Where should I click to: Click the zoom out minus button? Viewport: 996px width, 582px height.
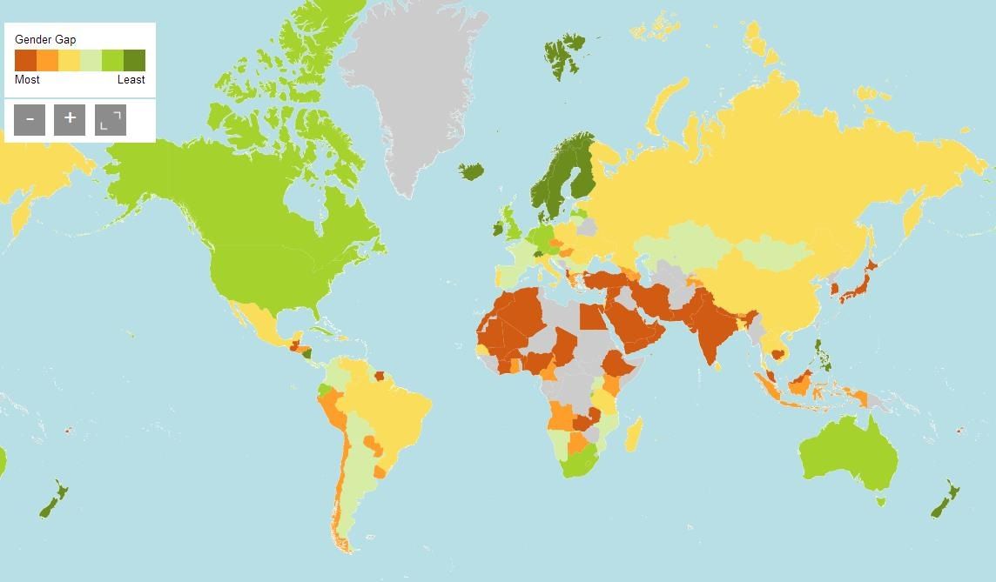[x=30, y=120]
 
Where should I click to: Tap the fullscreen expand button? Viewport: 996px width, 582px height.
[x=111, y=120]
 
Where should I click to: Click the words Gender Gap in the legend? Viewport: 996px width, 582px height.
[x=45, y=40]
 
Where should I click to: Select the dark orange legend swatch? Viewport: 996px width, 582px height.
[x=25, y=60]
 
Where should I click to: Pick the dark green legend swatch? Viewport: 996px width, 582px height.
[x=134, y=60]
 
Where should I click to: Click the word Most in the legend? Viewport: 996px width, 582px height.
[x=27, y=80]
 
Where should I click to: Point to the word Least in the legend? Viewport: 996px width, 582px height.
[x=131, y=80]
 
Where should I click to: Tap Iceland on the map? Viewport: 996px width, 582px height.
[x=471, y=171]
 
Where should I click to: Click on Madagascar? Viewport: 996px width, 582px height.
[x=636, y=433]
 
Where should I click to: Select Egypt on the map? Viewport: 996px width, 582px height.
[x=593, y=316]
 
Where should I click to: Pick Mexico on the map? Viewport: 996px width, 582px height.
[x=261, y=326]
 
